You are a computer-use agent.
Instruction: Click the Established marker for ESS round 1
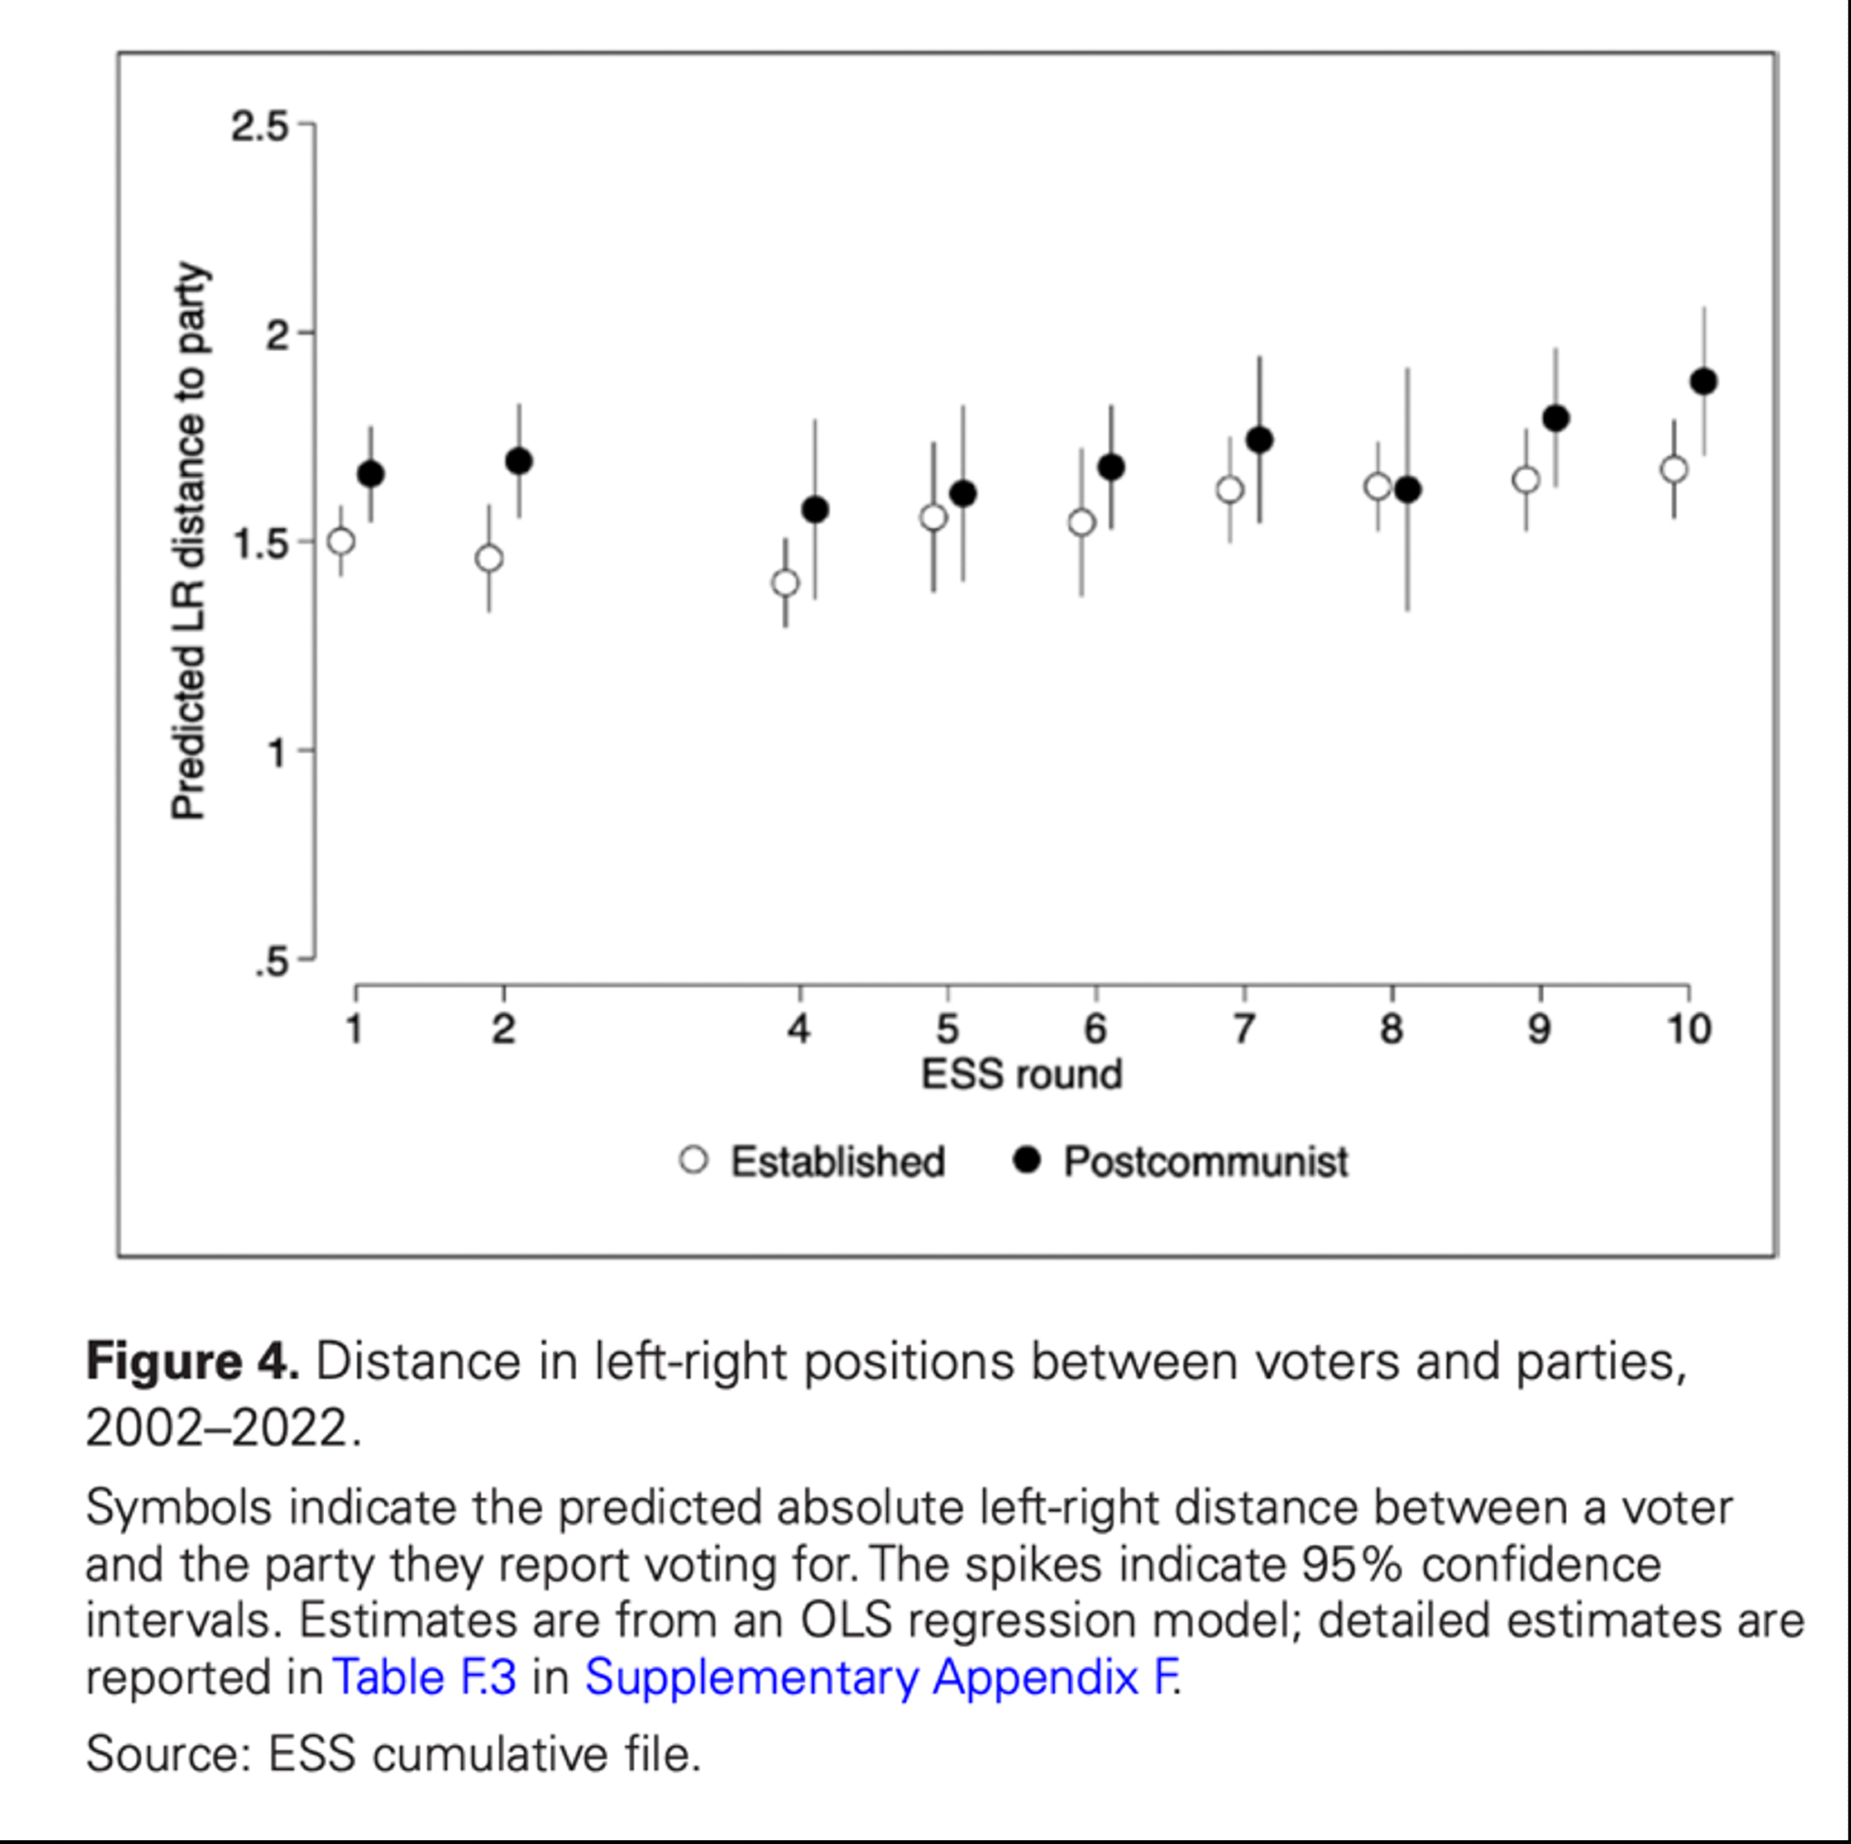pyautogui.click(x=342, y=542)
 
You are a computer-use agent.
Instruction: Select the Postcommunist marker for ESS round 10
pyautogui.click(x=1704, y=381)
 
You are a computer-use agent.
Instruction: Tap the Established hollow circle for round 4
pyautogui.click(x=786, y=582)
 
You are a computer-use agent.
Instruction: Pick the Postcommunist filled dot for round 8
pyautogui.click(x=1408, y=490)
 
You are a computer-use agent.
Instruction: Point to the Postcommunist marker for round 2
pyautogui.click(x=518, y=461)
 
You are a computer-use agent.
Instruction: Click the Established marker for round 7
pyautogui.click(x=1230, y=490)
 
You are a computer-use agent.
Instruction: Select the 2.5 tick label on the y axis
pyautogui.click(x=259, y=126)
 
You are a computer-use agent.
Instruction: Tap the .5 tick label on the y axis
pyautogui.click(x=271, y=961)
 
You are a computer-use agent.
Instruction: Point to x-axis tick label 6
pyautogui.click(x=1095, y=1029)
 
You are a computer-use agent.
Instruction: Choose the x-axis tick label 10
pyautogui.click(x=1688, y=1029)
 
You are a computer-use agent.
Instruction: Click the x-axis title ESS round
pyautogui.click(x=1022, y=1075)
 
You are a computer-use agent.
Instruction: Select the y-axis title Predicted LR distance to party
pyautogui.click(x=189, y=542)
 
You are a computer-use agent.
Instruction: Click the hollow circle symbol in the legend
pyautogui.click(x=693, y=1161)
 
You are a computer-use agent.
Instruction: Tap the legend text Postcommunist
pyautogui.click(x=1205, y=1162)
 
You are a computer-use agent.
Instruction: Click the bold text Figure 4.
pyautogui.click(x=193, y=1361)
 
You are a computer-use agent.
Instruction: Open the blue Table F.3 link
pyautogui.click(x=425, y=1676)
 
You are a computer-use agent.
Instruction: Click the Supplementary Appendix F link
pyautogui.click(x=880, y=1676)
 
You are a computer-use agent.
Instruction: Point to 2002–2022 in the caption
pyautogui.click(x=217, y=1428)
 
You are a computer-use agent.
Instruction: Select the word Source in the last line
pyautogui.click(x=164, y=1755)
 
